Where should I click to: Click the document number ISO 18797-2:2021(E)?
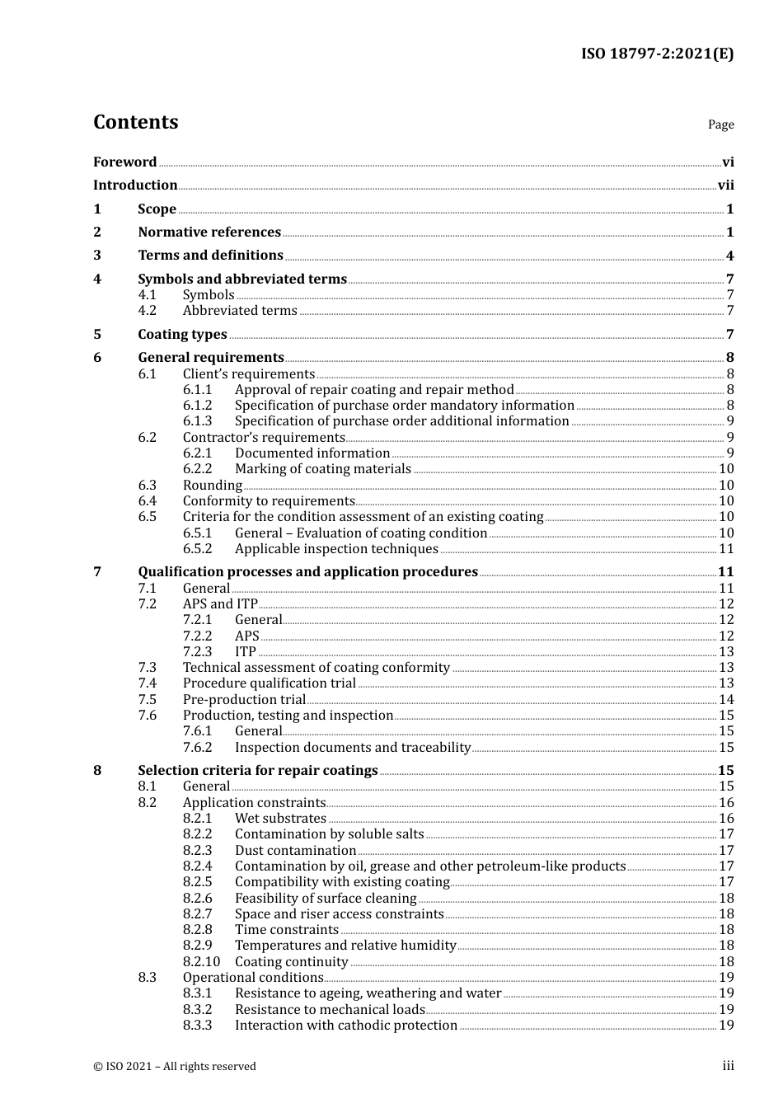tap(657, 54)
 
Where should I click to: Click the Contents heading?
tap(135, 122)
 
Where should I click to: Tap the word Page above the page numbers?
tap(720, 124)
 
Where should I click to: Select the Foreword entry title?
tap(124, 162)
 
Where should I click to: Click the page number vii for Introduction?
tap(725, 185)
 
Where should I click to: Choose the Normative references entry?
tap(209, 232)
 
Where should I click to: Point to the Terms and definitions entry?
tap(210, 256)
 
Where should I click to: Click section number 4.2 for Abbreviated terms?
tap(147, 311)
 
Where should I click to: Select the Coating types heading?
tap(182, 335)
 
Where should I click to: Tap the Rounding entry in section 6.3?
tap(212, 486)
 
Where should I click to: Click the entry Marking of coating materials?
tap(322, 469)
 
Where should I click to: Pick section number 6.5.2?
tap(197, 549)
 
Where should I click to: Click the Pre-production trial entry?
tap(244, 700)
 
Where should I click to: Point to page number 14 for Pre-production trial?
tap(726, 700)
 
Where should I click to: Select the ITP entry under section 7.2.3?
tap(245, 652)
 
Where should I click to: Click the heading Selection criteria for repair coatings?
tap(257, 771)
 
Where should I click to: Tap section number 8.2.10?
tap(201, 962)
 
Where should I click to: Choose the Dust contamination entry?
tap(295, 851)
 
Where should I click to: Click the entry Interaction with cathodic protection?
tap(345, 1026)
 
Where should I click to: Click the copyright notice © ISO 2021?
tap(174, 1067)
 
